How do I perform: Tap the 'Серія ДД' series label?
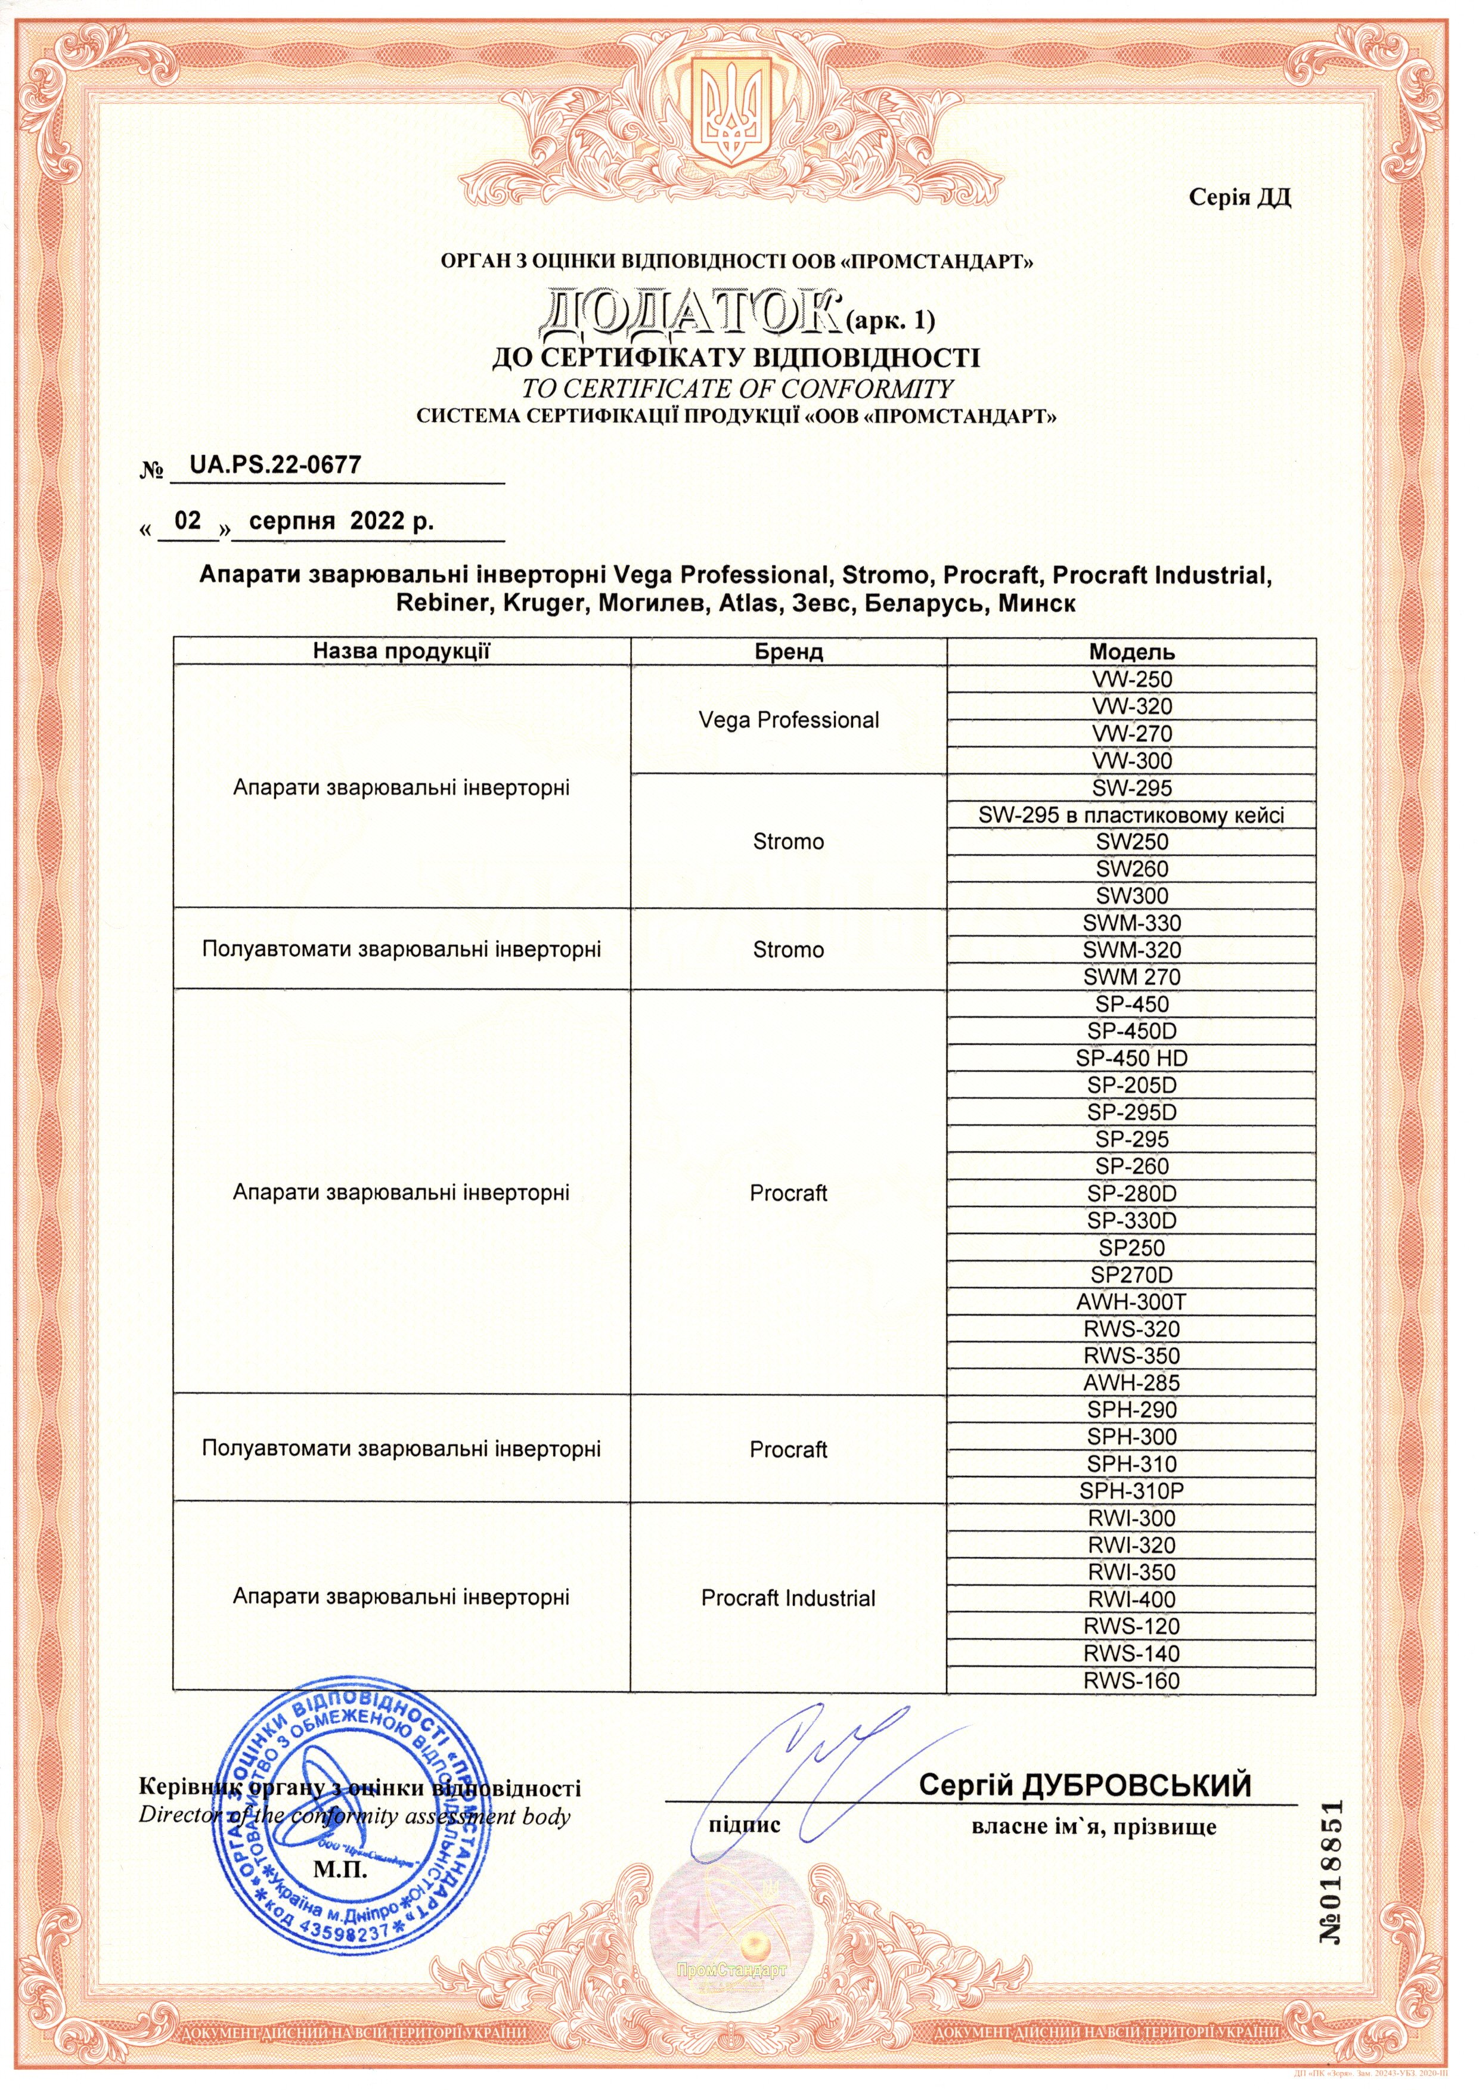coord(1239,198)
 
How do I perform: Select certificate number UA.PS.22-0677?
coord(274,466)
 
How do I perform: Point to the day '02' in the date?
coord(188,521)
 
